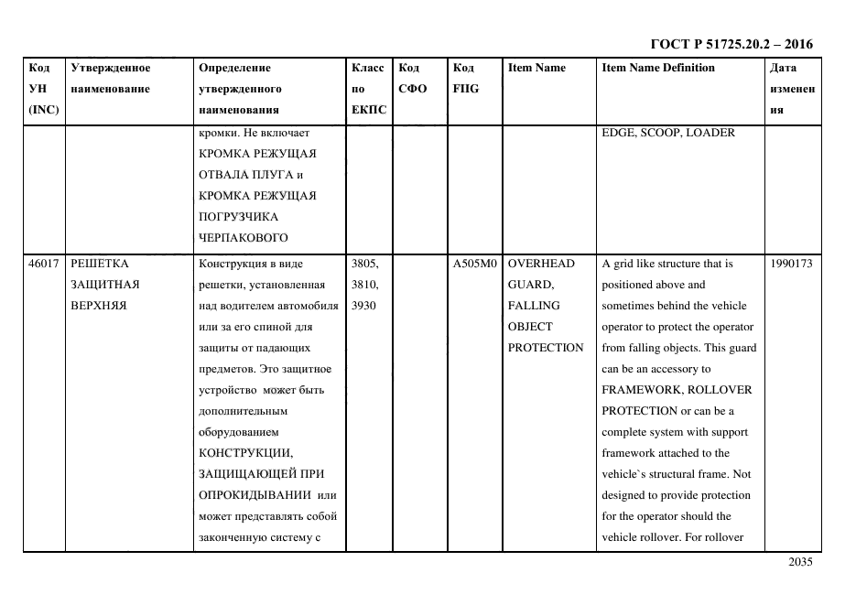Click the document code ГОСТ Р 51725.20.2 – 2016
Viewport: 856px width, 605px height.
point(731,44)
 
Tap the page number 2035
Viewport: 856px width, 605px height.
point(800,562)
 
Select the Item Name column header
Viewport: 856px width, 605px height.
point(536,68)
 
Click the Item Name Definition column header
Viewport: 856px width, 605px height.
point(658,68)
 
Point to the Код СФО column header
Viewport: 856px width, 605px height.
point(409,78)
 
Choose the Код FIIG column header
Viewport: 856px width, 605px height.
point(465,78)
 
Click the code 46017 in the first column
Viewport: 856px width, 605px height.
point(43,264)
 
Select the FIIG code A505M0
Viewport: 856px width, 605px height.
point(474,264)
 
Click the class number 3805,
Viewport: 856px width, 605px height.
point(364,264)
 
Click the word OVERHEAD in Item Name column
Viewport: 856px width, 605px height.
point(542,264)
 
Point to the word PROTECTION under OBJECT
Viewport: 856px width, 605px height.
point(546,348)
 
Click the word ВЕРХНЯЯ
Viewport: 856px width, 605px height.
point(98,306)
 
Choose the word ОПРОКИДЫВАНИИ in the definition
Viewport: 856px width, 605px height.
point(255,495)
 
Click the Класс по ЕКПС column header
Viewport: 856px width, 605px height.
point(369,89)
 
